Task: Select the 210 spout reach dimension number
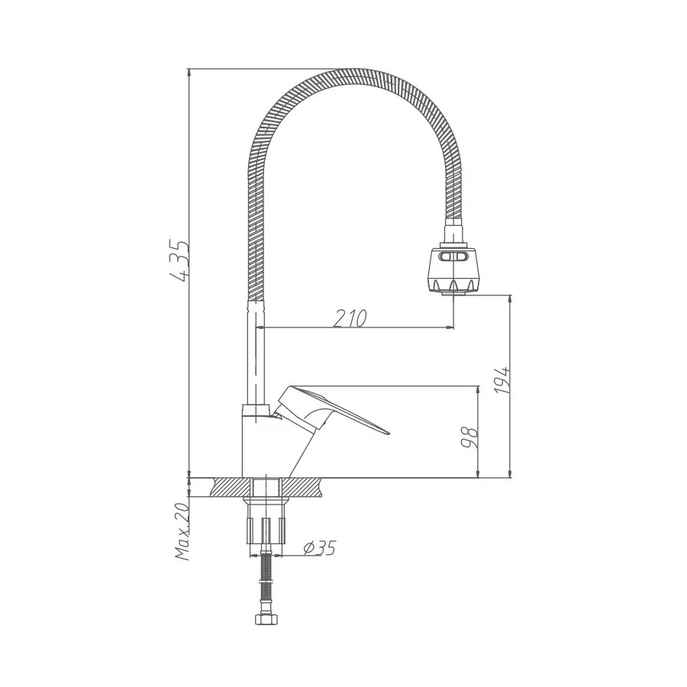[350, 318]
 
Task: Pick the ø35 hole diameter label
[319, 547]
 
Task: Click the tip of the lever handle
[388, 433]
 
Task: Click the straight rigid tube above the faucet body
[256, 351]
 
